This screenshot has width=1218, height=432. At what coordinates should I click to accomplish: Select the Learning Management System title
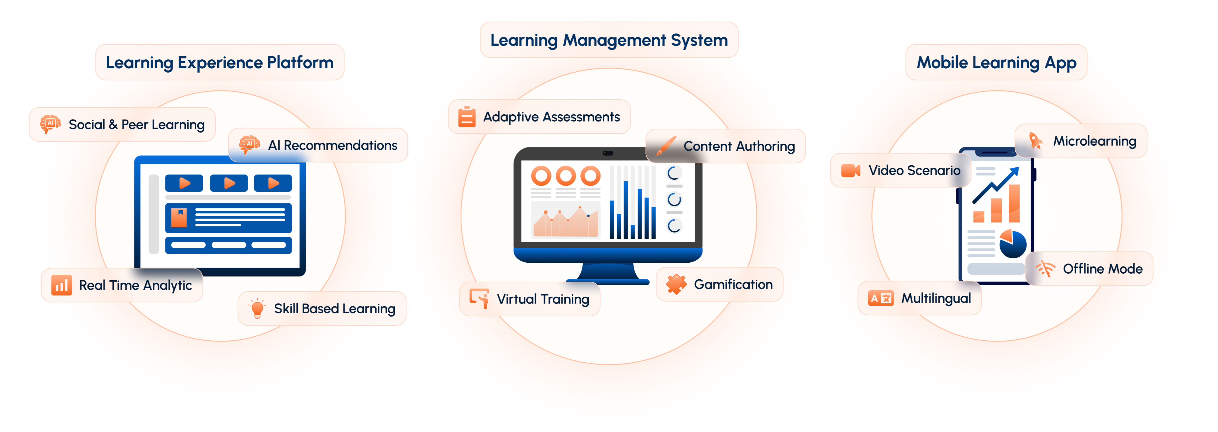tap(609, 40)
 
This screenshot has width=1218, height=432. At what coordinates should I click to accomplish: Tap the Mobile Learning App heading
tap(996, 62)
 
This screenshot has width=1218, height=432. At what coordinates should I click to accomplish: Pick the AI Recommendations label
tap(332, 145)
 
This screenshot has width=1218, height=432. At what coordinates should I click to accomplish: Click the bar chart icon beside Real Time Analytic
tap(62, 285)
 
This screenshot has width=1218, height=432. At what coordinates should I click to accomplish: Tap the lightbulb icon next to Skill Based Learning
tap(257, 308)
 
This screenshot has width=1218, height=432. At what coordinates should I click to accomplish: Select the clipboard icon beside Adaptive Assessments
tap(467, 116)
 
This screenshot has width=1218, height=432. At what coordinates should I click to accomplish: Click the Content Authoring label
tap(739, 147)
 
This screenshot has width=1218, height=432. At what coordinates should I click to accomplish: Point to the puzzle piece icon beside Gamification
tap(676, 284)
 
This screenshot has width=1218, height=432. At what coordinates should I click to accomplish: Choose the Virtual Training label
tap(543, 299)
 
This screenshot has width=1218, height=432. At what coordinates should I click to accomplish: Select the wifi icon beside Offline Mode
tap(1045, 268)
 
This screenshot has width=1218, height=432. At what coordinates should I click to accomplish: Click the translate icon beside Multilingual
tap(880, 298)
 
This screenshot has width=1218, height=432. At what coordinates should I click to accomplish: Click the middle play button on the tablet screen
tap(229, 183)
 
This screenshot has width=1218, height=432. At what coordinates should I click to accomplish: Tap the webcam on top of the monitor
tap(608, 153)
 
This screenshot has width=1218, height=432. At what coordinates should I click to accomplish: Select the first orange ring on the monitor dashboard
tap(541, 176)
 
